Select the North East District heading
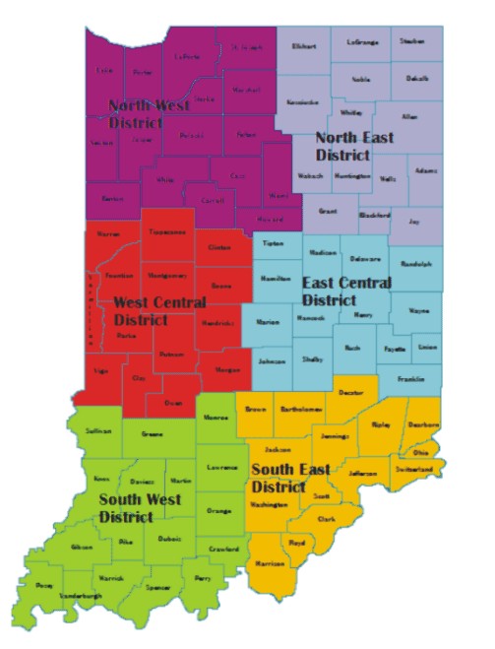354,146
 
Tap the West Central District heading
159,310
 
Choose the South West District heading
139,507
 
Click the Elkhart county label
305,46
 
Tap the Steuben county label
412,41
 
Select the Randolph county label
410,263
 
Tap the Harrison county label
269,563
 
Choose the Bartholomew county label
302,407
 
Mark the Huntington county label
352,175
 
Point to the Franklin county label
412,378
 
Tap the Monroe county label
216,418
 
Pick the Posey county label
44,585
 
